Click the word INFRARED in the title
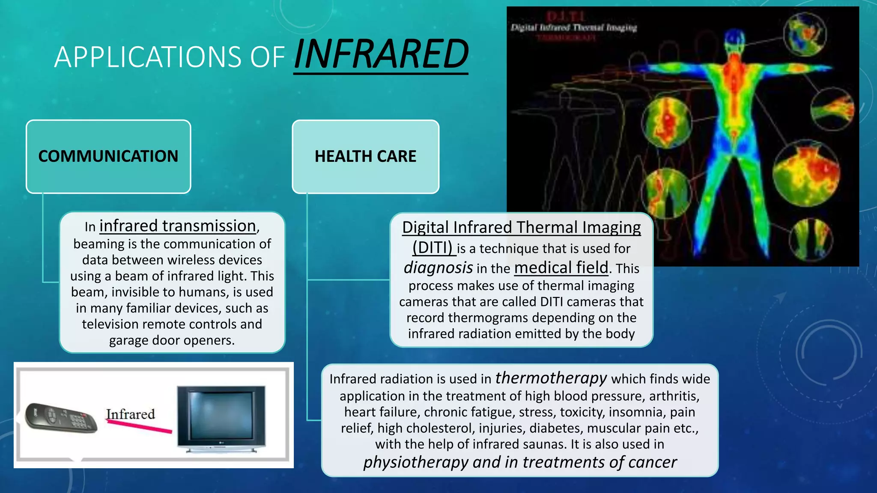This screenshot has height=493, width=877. pos(381,55)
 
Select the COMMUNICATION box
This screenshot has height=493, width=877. pos(108,157)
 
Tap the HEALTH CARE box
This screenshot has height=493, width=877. pos(365,157)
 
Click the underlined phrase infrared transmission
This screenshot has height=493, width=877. pos(178,226)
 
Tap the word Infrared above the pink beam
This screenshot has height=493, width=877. pos(131,414)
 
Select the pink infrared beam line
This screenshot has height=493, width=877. pos(140,426)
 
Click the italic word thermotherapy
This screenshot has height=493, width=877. pos(551,378)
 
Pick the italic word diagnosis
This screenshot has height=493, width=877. pos(438,268)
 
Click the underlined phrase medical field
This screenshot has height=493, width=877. pos(561,268)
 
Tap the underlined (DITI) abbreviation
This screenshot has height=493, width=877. pos(433,248)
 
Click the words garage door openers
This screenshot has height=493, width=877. pos(172,340)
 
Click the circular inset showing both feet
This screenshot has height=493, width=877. pos(810,240)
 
